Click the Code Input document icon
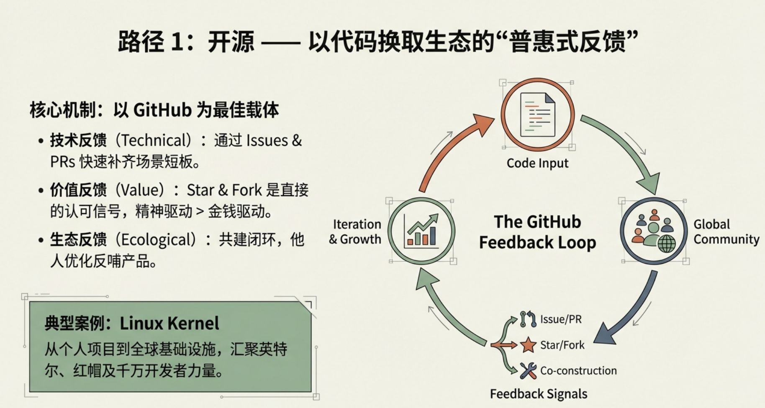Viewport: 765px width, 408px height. (x=537, y=115)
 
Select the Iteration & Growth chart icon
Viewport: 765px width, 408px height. (x=421, y=231)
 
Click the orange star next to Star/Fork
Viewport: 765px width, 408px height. (x=528, y=345)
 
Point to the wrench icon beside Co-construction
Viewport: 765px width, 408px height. (x=528, y=370)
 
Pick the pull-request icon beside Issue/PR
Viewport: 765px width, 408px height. (x=528, y=319)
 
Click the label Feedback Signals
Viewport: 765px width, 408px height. (x=539, y=394)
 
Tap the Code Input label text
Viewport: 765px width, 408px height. (x=537, y=163)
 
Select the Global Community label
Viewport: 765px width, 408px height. (x=726, y=232)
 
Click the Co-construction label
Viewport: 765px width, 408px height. (x=578, y=370)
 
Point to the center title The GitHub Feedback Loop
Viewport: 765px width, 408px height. (x=537, y=232)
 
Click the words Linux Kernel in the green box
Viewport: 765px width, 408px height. (x=169, y=323)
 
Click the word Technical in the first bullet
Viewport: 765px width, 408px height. (x=153, y=140)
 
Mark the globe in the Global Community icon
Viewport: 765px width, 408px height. (x=667, y=243)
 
